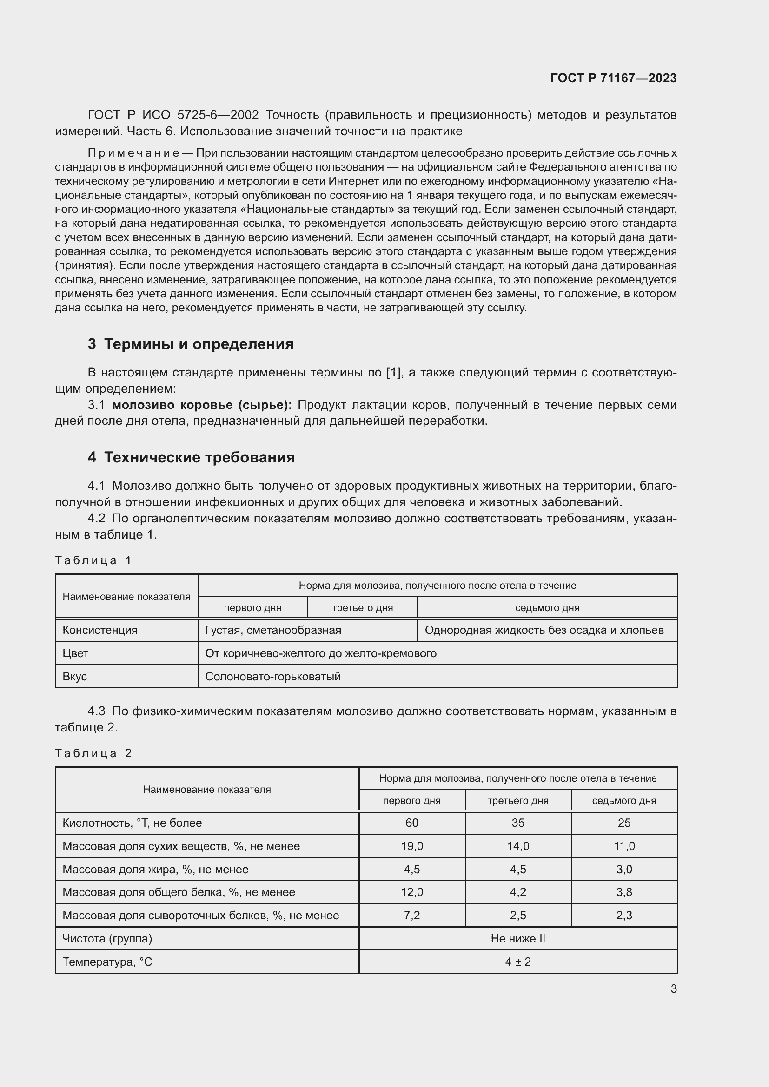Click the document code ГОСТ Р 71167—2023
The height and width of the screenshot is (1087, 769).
click(x=613, y=78)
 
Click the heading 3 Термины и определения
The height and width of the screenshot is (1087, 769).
click(x=190, y=344)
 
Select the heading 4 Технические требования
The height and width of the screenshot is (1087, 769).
click(x=191, y=457)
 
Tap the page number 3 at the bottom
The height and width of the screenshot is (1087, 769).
click(x=673, y=988)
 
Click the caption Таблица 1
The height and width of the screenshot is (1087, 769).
click(x=93, y=560)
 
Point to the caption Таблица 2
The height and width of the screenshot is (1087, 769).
click(x=93, y=753)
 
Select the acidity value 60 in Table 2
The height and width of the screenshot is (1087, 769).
click(x=411, y=823)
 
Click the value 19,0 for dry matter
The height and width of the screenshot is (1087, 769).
click(x=411, y=846)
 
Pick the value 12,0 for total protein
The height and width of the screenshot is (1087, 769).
click(x=411, y=892)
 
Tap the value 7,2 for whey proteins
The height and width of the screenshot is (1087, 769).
click(x=411, y=915)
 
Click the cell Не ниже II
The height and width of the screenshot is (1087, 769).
click(x=517, y=938)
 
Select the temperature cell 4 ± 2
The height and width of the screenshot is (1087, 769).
click(x=517, y=962)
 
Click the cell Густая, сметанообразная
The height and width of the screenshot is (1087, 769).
click(x=273, y=630)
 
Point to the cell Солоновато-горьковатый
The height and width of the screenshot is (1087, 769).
click(x=273, y=677)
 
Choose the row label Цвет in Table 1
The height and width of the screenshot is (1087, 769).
click(x=75, y=653)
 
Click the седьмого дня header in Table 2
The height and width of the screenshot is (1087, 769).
click(x=623, y=801)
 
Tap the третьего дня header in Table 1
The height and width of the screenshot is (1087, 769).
click(x=362, y=608)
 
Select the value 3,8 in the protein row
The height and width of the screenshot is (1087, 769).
click(x=623, y=892)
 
